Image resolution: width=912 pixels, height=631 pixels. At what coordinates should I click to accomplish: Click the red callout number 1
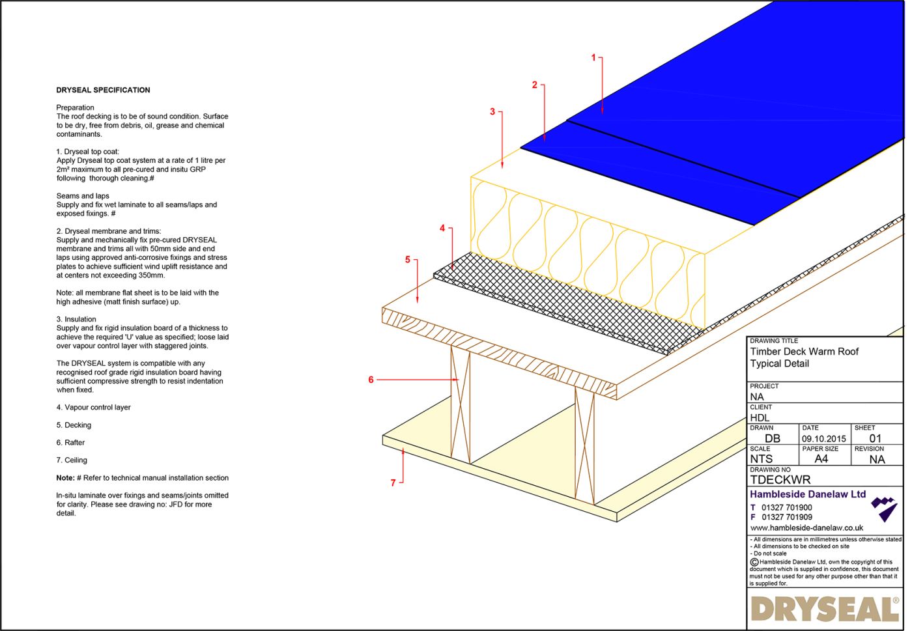[x=593, y=58]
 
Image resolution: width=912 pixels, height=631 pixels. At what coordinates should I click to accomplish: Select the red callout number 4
[x=442, y=228]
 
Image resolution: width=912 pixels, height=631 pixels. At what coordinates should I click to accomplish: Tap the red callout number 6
[x=371, y=380]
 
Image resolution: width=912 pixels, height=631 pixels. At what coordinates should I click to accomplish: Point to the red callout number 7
[x=393, y=483]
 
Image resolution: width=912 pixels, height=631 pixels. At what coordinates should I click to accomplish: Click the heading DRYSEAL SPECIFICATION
[x=103, y=90]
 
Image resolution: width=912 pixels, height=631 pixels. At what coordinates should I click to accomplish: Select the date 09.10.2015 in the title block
[x=823, y=438]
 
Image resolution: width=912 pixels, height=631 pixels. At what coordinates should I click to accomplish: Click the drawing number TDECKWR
[x=780, y=480]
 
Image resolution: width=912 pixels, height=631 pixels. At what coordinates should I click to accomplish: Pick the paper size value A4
[x=821, y=458]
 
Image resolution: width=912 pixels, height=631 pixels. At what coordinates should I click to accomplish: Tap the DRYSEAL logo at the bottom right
[x=824, y=609]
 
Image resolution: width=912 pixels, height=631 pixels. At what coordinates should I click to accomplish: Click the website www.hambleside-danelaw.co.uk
[x=806, y=527]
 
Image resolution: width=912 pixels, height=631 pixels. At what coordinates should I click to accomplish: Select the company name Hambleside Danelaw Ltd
[x=808, y=494]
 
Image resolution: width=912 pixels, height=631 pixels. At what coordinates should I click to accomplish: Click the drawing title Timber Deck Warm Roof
[x=804, y=352]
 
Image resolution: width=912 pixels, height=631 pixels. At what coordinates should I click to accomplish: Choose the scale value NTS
[x=761, y=458]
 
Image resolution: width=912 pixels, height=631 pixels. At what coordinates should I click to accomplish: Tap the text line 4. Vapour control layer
[x=93, y=408]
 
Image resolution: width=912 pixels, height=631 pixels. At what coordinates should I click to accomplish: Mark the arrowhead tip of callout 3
[x=502, y=168]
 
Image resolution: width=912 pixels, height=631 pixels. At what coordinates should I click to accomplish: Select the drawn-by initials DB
[x=772, y=438]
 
